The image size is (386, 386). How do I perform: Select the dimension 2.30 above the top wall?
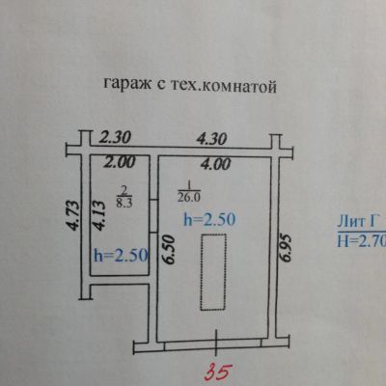(115, 137)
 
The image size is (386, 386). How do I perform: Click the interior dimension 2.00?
(119, 162)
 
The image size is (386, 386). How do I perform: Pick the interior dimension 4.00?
(215, 164)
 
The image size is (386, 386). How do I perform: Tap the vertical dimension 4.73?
(72, 216)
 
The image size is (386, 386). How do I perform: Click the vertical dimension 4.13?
(99, 215)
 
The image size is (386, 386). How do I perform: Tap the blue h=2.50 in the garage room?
(209, 220)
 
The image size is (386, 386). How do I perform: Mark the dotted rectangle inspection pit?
(213, 272)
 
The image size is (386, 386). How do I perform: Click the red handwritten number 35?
(219, 372)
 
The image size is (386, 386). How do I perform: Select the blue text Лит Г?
(357, 222)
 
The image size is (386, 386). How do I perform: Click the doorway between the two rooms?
(153, 216)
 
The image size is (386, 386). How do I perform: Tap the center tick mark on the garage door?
(216, 343)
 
